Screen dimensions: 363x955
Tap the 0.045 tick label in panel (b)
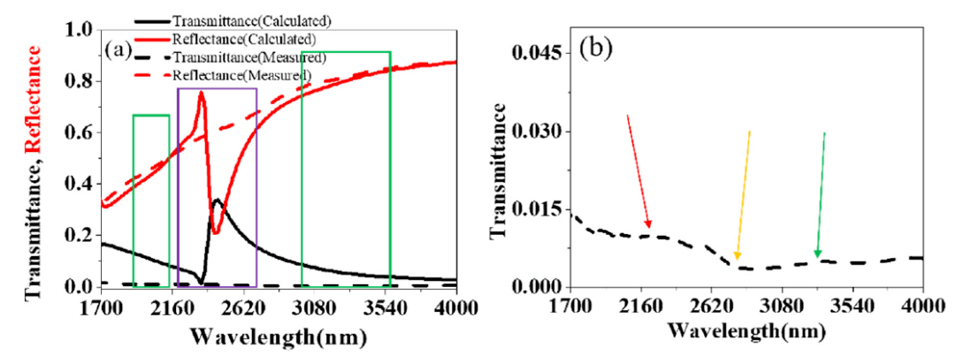click(x=536, y=55)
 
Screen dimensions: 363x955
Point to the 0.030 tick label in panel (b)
click(x=536, y=132)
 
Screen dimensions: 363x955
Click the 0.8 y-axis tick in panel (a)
click(x=81, y=82)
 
